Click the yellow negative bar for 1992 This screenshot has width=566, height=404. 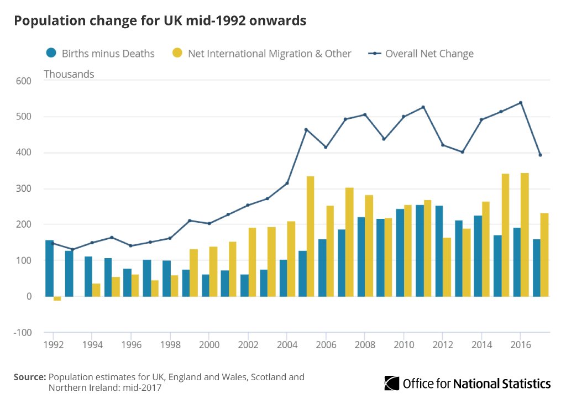point(57,298)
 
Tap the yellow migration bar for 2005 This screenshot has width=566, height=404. point(311,237)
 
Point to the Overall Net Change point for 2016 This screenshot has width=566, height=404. point(521,103)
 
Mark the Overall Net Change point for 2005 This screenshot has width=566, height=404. point(306,130)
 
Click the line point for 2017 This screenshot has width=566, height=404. point(540,155)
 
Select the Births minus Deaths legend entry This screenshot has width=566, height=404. point(100,54)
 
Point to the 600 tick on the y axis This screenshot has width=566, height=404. point(23,81)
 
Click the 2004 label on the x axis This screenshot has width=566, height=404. point(287,344)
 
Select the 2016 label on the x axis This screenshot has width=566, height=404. point(521,344)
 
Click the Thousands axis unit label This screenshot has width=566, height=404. point(69,74)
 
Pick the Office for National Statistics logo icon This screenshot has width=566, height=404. point(392,383)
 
